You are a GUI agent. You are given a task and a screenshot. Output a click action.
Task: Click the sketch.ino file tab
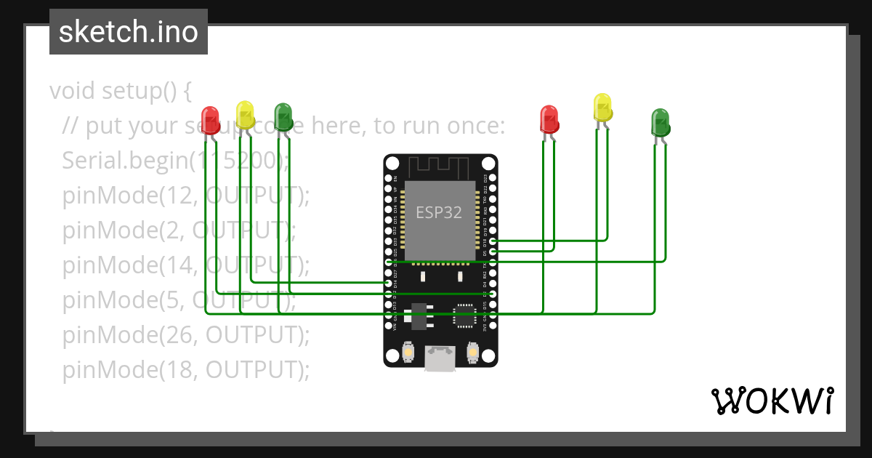click(x=129, y=32)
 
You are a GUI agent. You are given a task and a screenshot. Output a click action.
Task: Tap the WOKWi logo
click(x=772, y=401)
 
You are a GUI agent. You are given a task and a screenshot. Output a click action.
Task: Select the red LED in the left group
click(x=210, y=118)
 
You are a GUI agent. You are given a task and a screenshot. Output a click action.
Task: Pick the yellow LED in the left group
click(x=246, y=114)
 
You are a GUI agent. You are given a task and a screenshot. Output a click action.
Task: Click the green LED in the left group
click(x=283, y=116)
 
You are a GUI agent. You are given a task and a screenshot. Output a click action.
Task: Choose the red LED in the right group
click(x=549, y=119)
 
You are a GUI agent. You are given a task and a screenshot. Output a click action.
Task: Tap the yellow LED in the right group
click(x=602, y=107)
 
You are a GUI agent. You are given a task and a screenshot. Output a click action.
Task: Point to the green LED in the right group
click(x=660, y=122)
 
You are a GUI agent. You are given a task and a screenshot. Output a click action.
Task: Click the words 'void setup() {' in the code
click(x=120, y=92)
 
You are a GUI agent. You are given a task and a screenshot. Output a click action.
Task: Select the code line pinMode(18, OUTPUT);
click(x=186, y=370)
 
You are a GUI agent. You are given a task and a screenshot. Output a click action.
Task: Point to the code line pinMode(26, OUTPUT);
click(x=186, y=335)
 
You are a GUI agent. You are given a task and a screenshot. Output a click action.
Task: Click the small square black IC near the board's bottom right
click(x=464, y=316)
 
